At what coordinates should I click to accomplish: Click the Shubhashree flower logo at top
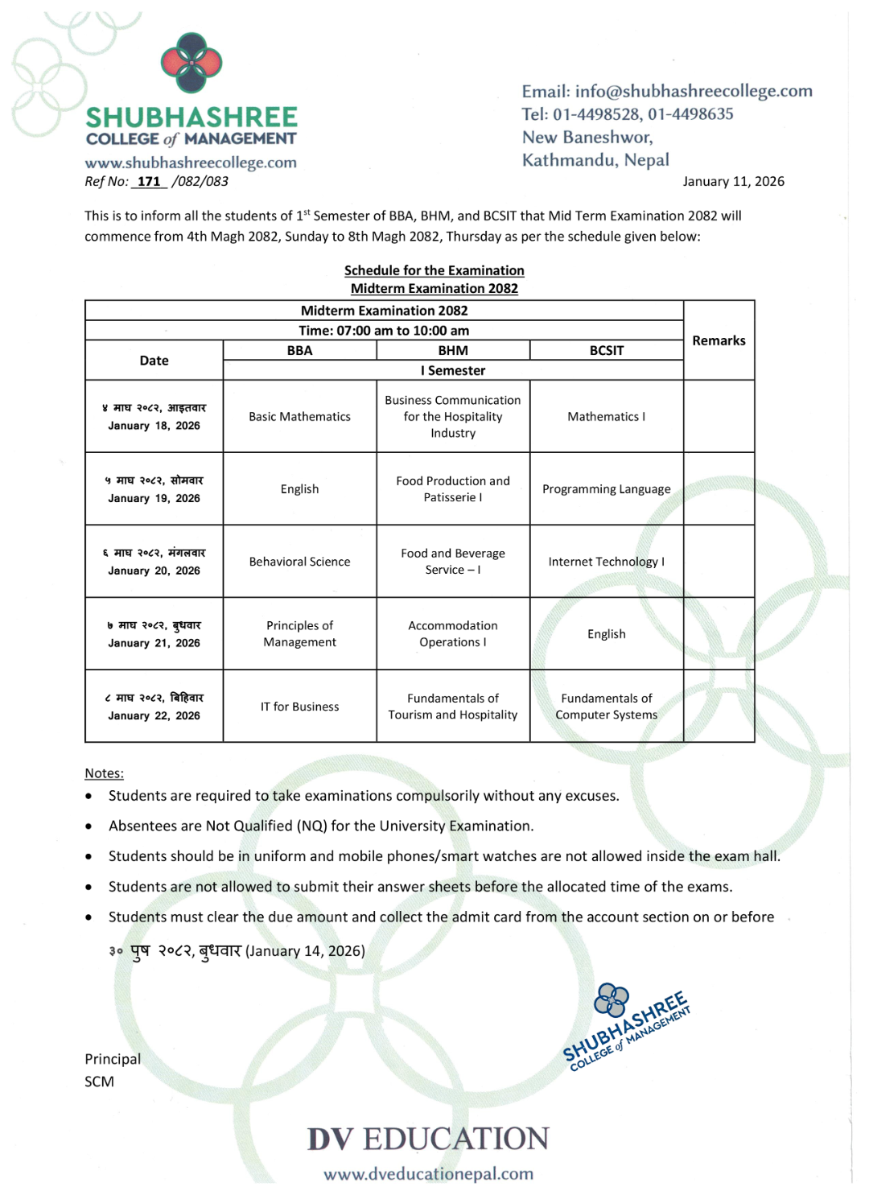click(192, 63)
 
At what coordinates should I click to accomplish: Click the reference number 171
click(149, 182)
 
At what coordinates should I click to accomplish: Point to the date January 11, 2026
click(733, 182)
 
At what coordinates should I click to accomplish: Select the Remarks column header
click(719, 340)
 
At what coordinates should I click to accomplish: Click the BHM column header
click(453, 350)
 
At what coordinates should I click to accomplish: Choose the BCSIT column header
click(606, 350)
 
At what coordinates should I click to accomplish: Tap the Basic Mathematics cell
click(299, 417)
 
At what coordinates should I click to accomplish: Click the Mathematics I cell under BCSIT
click(606, 417)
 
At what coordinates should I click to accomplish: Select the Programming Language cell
click(606, 489)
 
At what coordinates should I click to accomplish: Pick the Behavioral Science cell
click(299, 562)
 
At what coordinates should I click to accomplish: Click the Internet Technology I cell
click(606, 562)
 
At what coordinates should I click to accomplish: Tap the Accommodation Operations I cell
click(453, 634)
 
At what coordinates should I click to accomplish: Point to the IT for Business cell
click(299, 707)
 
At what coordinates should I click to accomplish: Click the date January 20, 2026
click(154, 571)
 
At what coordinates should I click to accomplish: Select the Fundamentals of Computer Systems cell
click(606, 707)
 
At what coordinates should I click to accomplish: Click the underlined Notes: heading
click(105, 773)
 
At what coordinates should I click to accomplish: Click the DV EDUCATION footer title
click(428, 1139)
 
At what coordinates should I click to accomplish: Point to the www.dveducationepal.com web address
click(428, 1174)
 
